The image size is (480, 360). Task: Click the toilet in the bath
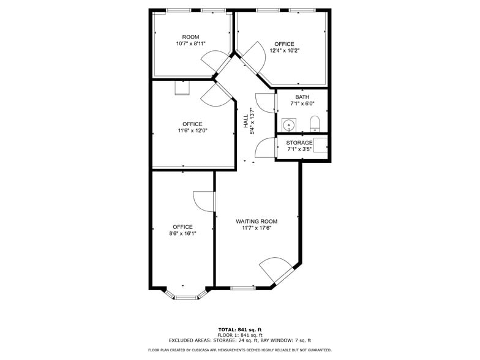[x=315, y=124]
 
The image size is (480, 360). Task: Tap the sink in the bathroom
[x=289, y=125]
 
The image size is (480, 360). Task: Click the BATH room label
[x=302, y=97]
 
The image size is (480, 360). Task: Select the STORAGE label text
[x=299, y=143]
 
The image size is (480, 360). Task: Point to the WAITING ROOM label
[x=257, y=222]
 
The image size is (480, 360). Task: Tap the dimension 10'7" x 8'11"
[x=191, y=43]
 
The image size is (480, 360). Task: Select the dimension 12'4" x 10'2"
[x=284, y=50]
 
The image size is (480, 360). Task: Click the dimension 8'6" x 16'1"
[x=182, y=234]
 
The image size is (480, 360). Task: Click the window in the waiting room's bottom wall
[x=242, y=288]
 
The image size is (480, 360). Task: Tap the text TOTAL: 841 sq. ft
[x=240, y=329]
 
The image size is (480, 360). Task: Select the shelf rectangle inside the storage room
[x=321, y=144]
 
